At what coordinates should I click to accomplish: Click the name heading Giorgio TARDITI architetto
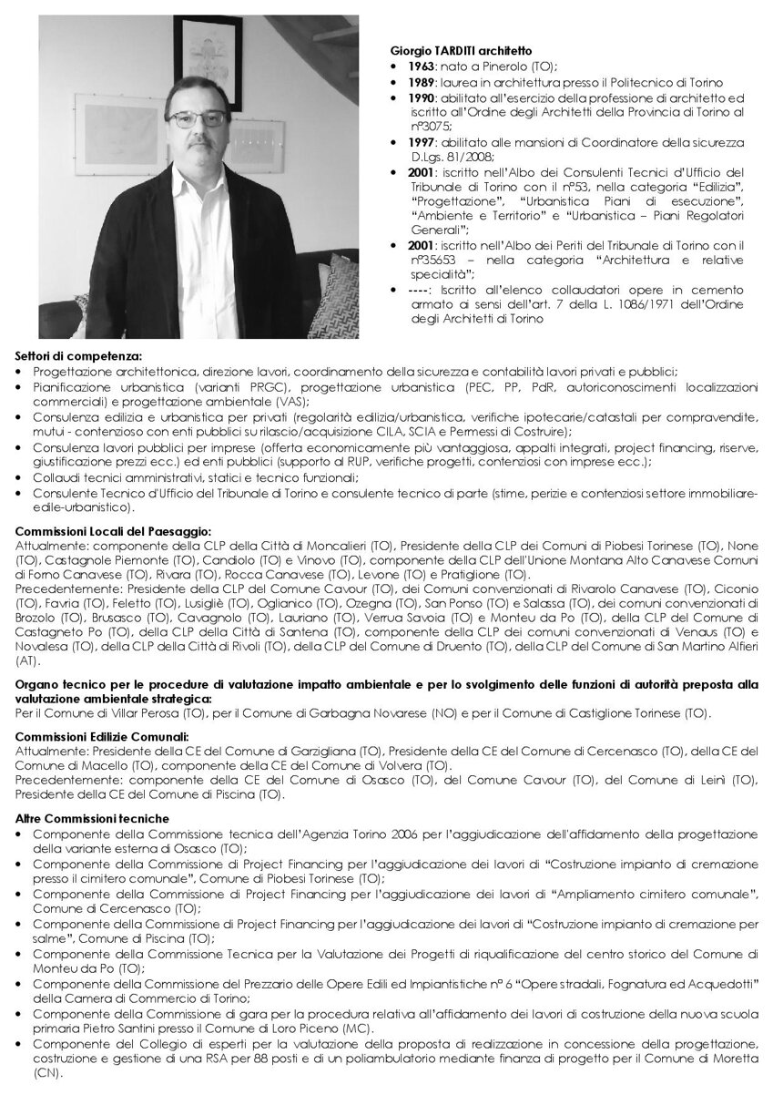[x=461, y=53]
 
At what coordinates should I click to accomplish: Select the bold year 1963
[x=420, y=67]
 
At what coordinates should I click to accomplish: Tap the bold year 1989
[x=420, y=83]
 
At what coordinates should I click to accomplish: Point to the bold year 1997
[x=420, y=143]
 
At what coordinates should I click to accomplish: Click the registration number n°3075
[x=432, y=127]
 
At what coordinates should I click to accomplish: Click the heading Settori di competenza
[x=79, y=356]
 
